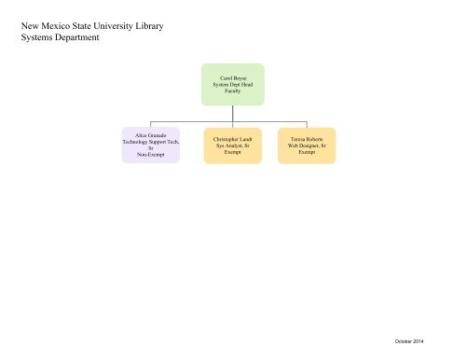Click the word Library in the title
pyautogui.click(x=149, y=26)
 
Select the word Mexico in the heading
pyautogui.click(x=55, y=26)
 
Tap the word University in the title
pyautogui.click(x=113, y=26)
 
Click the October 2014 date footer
pyautogui.click(x=409, y=341)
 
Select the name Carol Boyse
pyautogui.click(x=233, y=78)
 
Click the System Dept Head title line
pyautogui.click(x=233, y=85)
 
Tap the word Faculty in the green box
pyautogui.click(x=233, y=91)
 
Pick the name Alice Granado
pyautogui.click(x=151, y=135)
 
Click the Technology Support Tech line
pyautogui.click(x=151, y=142)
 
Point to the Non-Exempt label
pyautogui.click(x=151, y=155)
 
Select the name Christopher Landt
pyautogui.click(x=233, y=139)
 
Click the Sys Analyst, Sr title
pyautogui.click(x=233, y=145)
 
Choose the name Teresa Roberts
pyautogui.click(x=307, y=139)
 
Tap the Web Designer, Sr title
pyautogui.click(x=307, y=145)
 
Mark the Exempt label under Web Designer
pyautogui.click(x=307, y=152)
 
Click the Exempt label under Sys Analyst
pyautogui.click(x=233, y=152)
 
